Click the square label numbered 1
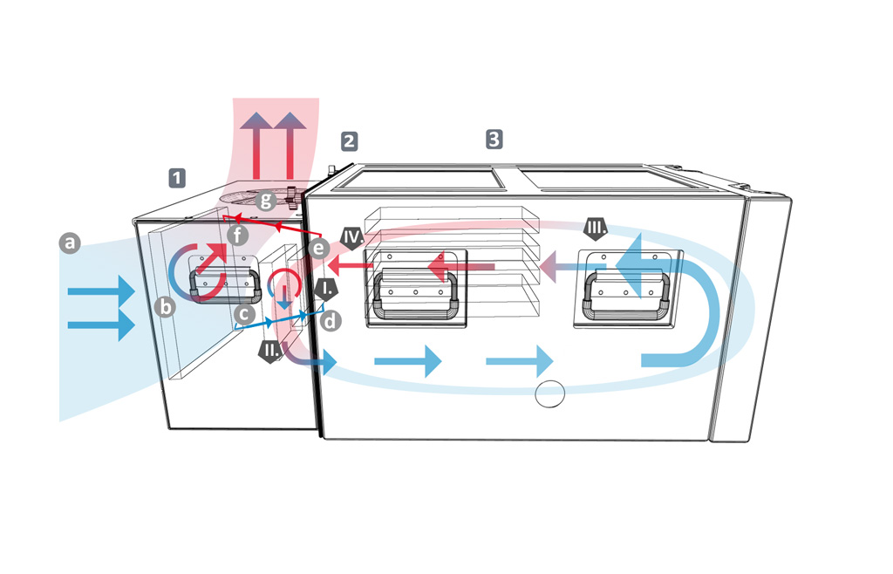coord(177,178)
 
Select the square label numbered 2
coord(349,140)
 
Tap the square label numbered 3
coord(494,138)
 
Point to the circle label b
coord(162,306)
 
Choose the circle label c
coord(247,311)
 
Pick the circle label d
coord(331,320)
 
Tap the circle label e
coord(319,249)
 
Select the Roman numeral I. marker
coord(326,289)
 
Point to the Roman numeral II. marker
coord(270,352)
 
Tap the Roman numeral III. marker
coord(596,230)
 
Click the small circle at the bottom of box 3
coord(550,394)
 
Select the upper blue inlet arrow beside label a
coord(101,289)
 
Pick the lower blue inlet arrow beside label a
coord(101,325)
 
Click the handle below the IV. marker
coord(416,295)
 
